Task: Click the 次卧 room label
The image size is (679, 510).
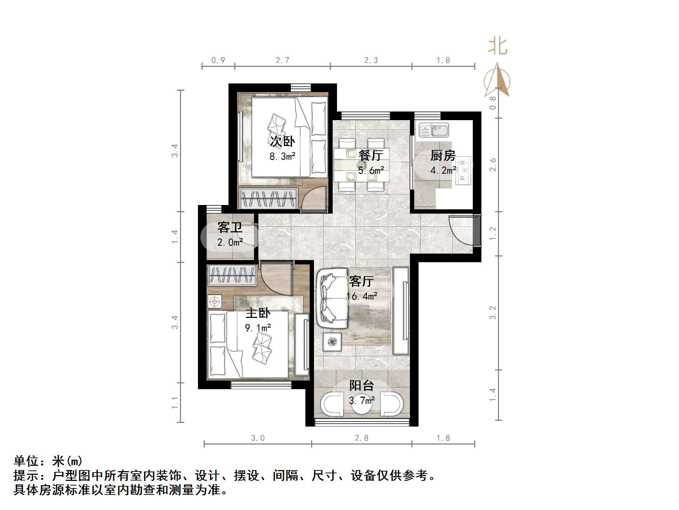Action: click(x=282, y=141)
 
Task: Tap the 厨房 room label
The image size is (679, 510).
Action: click(x=443, y=155)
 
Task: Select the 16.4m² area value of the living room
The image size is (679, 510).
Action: click(x=362, y=296)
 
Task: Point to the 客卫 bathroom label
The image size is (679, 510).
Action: click(x=230, y=227)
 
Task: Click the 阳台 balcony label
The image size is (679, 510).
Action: click(x=362, y=386)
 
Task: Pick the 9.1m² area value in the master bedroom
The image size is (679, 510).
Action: click(x=258, y=328)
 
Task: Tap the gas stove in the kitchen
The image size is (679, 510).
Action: click(x=463, y=171)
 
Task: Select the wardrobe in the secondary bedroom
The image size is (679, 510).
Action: click(x=268, y=198)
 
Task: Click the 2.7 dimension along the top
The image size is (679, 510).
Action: click(x=282, y=60)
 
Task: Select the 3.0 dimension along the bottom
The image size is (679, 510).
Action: click(x=258, y=438)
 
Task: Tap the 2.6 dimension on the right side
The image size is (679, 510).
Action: click(x=493, y=164)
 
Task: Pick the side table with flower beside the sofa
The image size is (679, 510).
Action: click(x=332, y=341)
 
